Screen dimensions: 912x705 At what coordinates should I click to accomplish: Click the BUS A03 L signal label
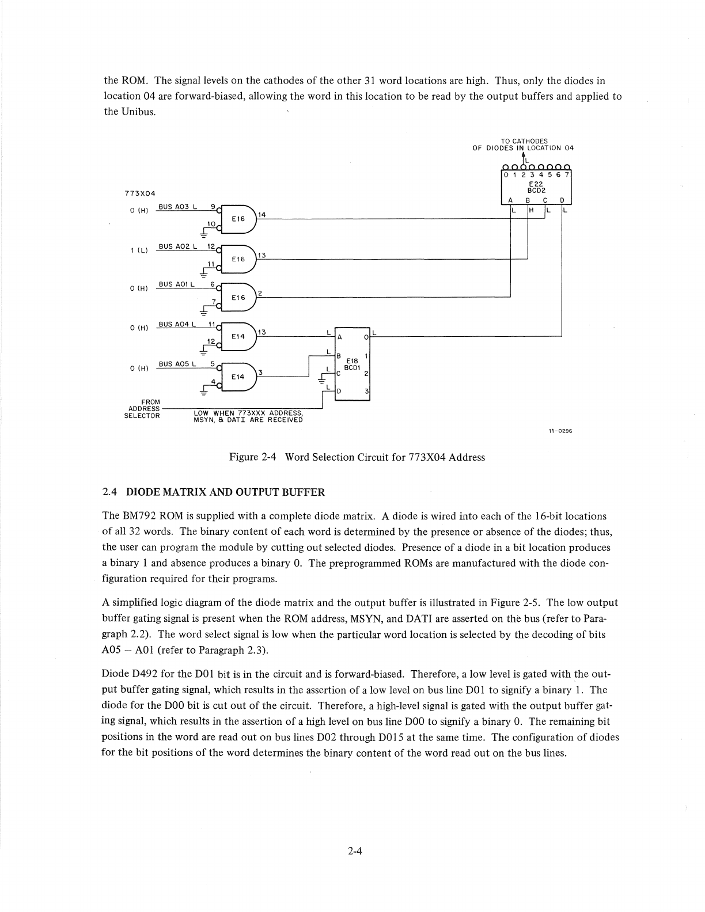pyautogui.click(x=178, y=207)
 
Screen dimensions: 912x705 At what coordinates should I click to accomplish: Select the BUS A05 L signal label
pyautogui.click(x=177, y=364)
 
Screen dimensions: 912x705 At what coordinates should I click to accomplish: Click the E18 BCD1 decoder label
pyautogui.click(x=352, y=364)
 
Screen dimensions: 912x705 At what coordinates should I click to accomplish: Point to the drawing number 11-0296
pyautogui.click(x=561, y=431)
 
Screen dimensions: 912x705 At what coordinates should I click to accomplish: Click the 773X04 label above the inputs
pyautogui.click(x=140, y=193)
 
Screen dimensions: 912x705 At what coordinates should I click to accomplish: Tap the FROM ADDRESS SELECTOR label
pyautogui.click(x=142, y=409)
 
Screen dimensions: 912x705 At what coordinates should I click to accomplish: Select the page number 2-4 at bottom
pyautogui.click(x=353, y=853)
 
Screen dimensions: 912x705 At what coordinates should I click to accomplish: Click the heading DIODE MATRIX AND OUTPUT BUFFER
pyautogui.click(x=225, y=492)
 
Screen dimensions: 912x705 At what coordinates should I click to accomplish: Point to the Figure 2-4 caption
pyautogui.click(x=357, y=457)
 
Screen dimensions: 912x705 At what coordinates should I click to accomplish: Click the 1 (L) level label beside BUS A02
pyautogui.click(x=139, y=250)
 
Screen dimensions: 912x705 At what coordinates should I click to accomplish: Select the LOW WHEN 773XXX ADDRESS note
pyautogui.click(x=248, y=416)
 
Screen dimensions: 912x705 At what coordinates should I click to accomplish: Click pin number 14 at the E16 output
pyautogui.click(x=262, y=215)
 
